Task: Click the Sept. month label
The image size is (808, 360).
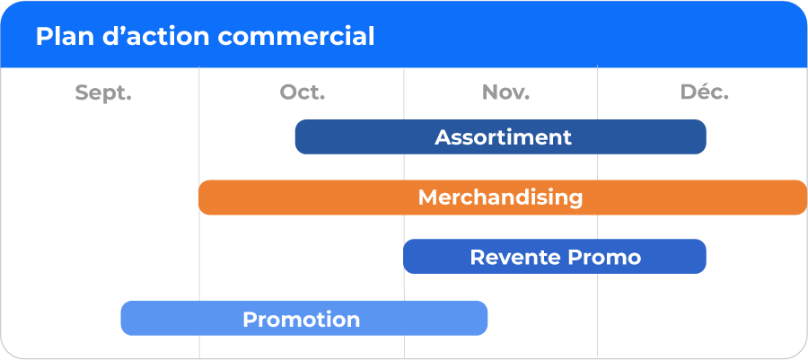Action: point(103,93)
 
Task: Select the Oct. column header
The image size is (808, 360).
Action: point(303,92)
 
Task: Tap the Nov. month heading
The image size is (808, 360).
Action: point(505,92)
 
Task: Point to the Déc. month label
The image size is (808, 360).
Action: point(705,92)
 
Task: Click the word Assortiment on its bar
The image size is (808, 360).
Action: point(503,137)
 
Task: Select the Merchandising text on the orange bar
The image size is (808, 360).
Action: point(500,198)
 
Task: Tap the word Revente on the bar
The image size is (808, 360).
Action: point(510,257)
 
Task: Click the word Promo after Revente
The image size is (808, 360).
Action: point(600,257)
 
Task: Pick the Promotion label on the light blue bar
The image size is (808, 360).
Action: point(301,320)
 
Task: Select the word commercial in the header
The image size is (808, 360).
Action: point(295,37)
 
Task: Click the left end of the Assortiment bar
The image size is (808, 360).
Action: point(295,137)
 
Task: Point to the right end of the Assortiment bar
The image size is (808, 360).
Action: point(706,137)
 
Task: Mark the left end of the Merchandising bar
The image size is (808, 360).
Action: point(199,198)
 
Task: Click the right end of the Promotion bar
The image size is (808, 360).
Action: point(487,319)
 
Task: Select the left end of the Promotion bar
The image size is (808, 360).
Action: point(121,319)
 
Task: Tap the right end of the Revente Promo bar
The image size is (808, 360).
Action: point(706,257)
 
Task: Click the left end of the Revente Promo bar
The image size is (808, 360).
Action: point(404,257)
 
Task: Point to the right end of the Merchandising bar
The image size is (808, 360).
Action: point(806,198)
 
